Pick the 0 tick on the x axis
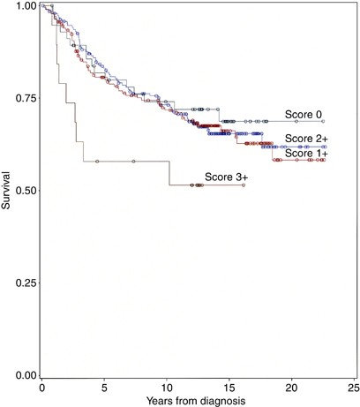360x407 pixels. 41,388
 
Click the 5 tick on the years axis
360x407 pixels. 104,388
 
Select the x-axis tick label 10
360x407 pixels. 166,388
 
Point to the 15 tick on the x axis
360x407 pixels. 229,388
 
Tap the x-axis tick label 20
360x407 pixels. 290,388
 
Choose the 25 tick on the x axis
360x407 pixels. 353,388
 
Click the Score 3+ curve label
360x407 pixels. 227,177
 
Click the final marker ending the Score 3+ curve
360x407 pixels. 243,185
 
